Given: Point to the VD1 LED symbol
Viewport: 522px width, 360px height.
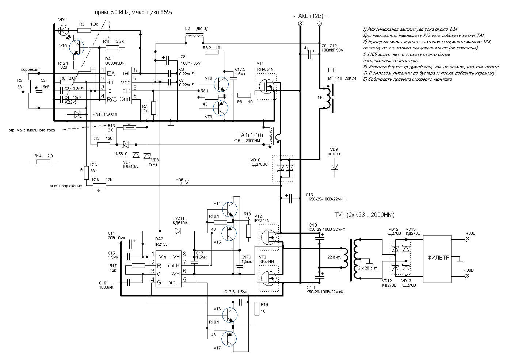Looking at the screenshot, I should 63,31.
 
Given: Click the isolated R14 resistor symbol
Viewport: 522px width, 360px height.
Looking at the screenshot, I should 43,162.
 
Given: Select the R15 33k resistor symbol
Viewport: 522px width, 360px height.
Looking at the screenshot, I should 86,173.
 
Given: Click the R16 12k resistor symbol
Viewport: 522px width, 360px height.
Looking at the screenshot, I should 99,185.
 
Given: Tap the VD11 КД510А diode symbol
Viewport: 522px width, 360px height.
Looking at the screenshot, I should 178,230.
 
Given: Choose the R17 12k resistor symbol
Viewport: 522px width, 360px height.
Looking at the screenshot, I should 138,266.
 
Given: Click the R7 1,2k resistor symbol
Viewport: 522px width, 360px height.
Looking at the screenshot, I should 153,108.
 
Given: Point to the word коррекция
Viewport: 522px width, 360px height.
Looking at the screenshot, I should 31,69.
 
